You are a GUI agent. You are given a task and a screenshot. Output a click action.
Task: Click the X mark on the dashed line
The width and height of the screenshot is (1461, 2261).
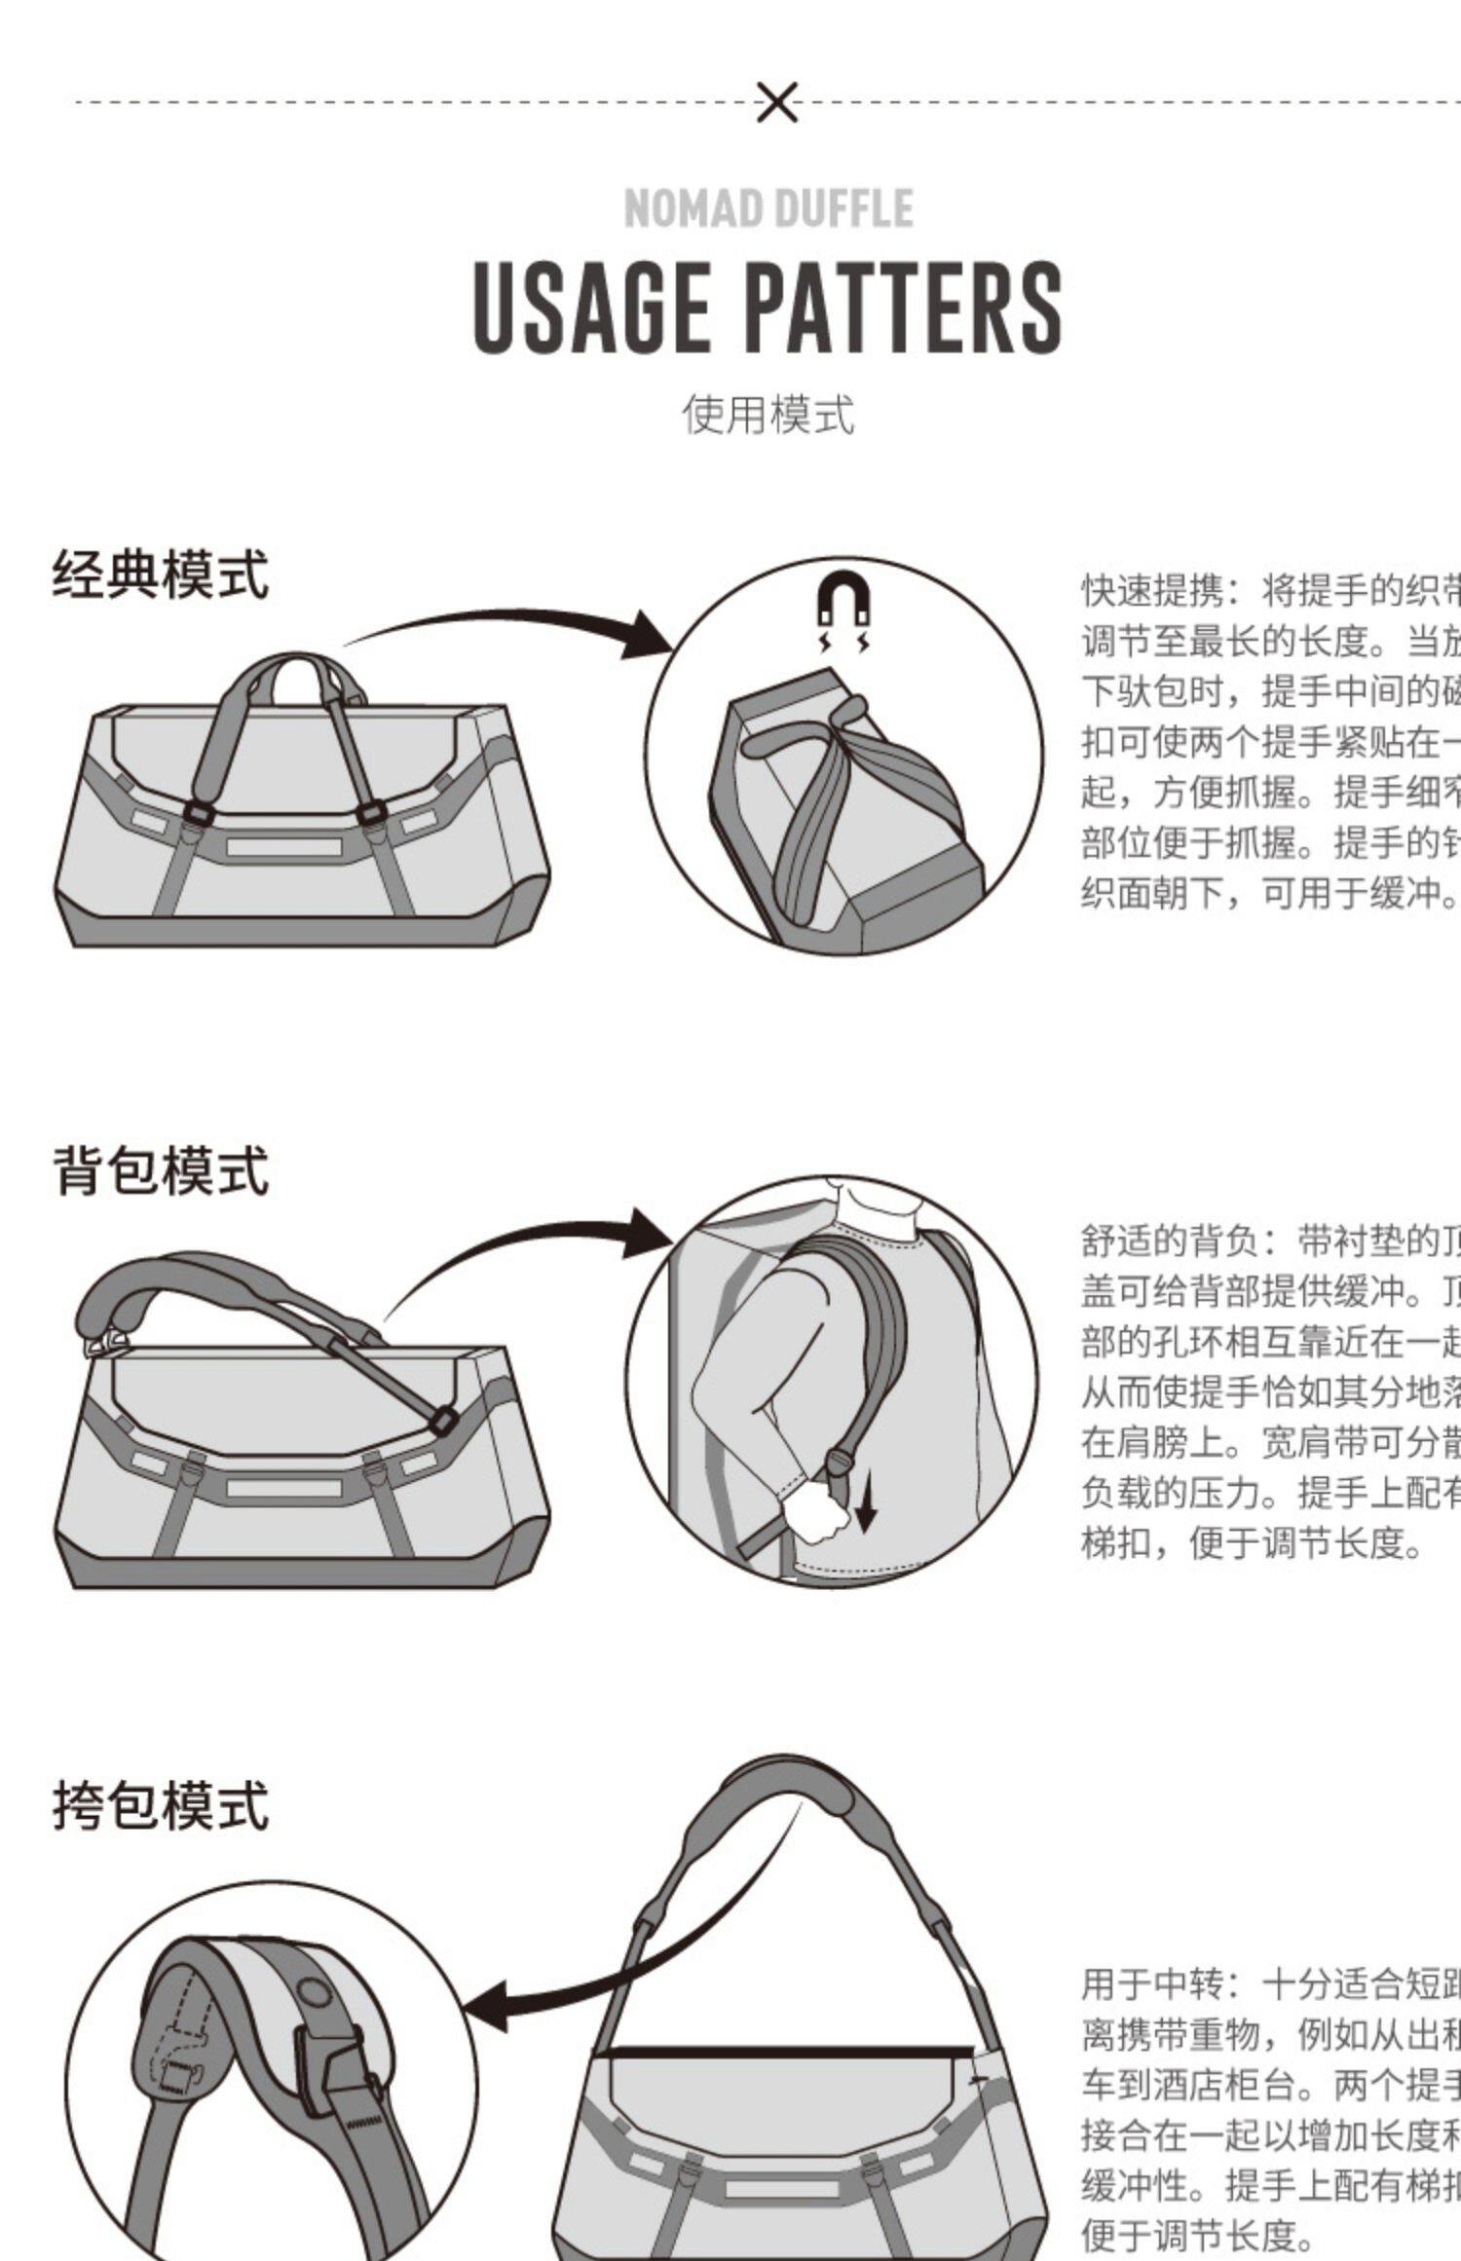click(x=776, y=102)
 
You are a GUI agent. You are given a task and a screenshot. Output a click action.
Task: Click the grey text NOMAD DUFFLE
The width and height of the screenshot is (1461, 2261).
click(x=768, y=208)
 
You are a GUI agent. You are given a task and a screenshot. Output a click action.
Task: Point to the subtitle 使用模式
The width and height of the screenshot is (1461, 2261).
click(x=768, y=415)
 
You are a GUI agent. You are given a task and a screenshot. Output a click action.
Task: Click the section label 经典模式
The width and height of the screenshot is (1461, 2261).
click(x=161, y=575)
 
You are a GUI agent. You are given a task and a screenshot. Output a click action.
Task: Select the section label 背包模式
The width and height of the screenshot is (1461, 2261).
click(x=161, y=1170)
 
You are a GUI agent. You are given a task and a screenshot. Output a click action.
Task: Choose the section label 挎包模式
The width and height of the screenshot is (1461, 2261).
click(x=161, y=1805)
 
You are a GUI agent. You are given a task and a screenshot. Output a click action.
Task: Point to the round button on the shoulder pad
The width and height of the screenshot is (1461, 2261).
click(x=315, y=1993)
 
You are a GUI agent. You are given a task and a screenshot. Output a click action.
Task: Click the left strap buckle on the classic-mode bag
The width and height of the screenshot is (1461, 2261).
click(x=199, y=813)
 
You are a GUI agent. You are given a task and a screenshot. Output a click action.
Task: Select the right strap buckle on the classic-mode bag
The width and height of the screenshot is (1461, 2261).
click(x=371, y=813)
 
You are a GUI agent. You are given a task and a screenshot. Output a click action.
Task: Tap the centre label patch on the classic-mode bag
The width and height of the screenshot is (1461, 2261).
click(x=283, y=847)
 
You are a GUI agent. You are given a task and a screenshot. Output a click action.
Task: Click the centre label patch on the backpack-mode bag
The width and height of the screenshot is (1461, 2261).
click(x=283, y=1488)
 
